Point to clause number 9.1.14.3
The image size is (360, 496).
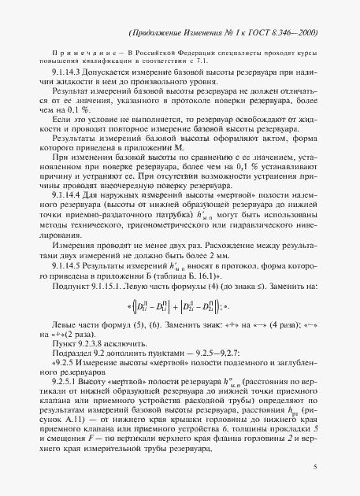pyautogui.click(x=60, y=72)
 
